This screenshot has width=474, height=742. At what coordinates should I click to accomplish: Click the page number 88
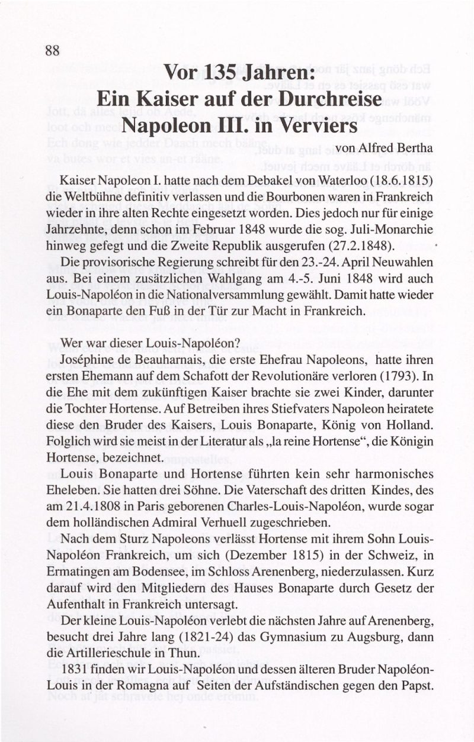(52, 50)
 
